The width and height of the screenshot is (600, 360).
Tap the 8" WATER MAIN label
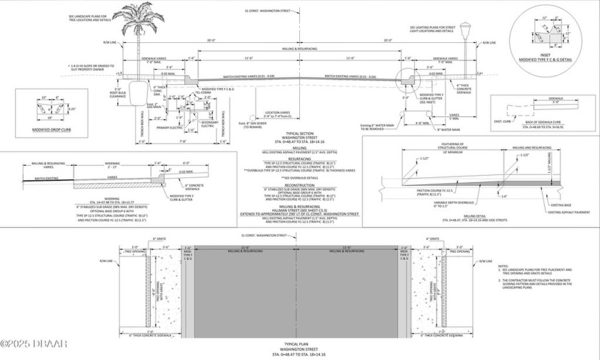[x=435, y=129]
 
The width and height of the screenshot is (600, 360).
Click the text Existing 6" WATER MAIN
[x=378, y=105]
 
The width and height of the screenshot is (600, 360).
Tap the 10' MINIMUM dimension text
[x=452, y=153]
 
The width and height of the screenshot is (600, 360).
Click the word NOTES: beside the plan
[x=504, y=266]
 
